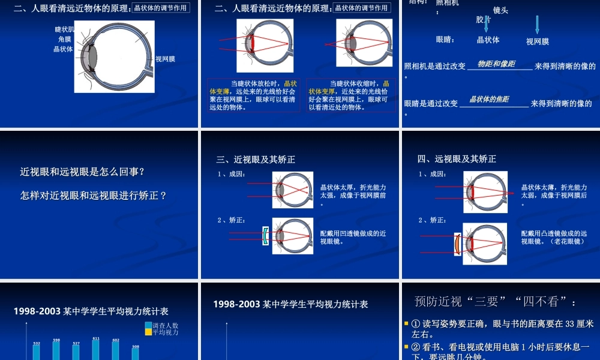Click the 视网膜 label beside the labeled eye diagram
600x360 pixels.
click(165, 59)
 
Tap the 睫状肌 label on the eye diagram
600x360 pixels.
click(65, 29)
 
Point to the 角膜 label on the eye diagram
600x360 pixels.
click(65, 39)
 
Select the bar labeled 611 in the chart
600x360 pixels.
click(95, 350)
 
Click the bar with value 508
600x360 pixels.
click(136, 353)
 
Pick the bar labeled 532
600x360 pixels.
click(36, 352)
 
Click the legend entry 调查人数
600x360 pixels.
click(165, 325)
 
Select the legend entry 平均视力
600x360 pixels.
click(165, 332)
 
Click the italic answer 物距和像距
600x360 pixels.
click(496, 64)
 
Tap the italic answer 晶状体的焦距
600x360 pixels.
click(489, 99)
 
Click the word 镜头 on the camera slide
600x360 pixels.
click(500, 10)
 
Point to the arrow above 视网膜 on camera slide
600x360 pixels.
click(538, 25)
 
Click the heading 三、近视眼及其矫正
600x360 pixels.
click(256, 160)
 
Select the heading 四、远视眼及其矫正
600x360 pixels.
click(457, 159)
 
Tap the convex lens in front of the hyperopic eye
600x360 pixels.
click(457, 244)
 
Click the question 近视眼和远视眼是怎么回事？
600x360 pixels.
click(82, 172)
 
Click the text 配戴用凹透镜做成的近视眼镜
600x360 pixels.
click(353, 237)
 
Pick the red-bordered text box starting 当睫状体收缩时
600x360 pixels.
click(351, 95)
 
